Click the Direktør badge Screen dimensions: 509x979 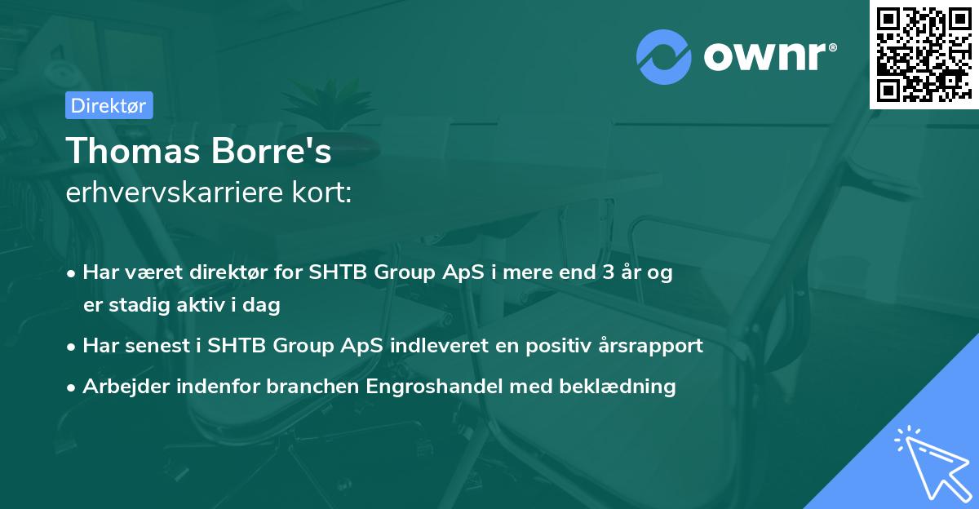[109, 105]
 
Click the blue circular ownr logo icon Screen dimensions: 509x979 [664, 56]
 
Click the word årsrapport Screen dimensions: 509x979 [651, 345]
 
